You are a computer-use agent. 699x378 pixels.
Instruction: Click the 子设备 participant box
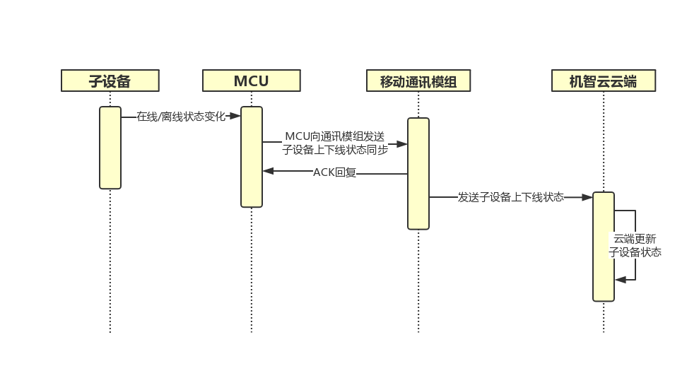[x=110, y=81]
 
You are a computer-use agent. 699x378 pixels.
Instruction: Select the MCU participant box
[x=251, y=81]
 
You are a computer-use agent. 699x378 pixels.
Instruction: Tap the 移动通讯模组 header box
[x=418, y=81]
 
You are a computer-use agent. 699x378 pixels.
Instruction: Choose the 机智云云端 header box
[x=603, y=81]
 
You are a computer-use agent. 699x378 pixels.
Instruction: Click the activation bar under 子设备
[x=110, y=148]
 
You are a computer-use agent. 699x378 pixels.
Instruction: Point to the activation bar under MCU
[x=251, y=157]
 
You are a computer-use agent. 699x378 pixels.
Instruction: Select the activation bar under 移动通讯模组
[x=418, y=173]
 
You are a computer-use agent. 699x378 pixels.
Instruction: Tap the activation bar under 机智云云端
[x=603, y=247]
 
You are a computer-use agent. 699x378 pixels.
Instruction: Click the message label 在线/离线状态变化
[x=181, y=117]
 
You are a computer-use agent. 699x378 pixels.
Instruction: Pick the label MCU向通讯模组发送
[x=334, y=136]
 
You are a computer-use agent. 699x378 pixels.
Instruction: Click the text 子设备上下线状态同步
[x=334, y=149]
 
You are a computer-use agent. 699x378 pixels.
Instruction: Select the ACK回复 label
[x=334, y=172]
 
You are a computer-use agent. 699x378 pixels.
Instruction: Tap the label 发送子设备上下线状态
[x=511, y=197]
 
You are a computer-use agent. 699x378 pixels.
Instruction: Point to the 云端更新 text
[x=635, y=239]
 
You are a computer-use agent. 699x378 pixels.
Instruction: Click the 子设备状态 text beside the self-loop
[x=635, y=252]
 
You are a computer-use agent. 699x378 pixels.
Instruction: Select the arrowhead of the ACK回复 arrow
[x=268, y=170]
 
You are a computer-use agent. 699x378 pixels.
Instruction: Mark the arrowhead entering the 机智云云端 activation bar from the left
[x=587, y=198]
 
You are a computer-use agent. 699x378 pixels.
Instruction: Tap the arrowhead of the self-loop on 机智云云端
[x=620, y=280]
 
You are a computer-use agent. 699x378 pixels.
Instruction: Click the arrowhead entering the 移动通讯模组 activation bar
[x=402, y=143]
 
